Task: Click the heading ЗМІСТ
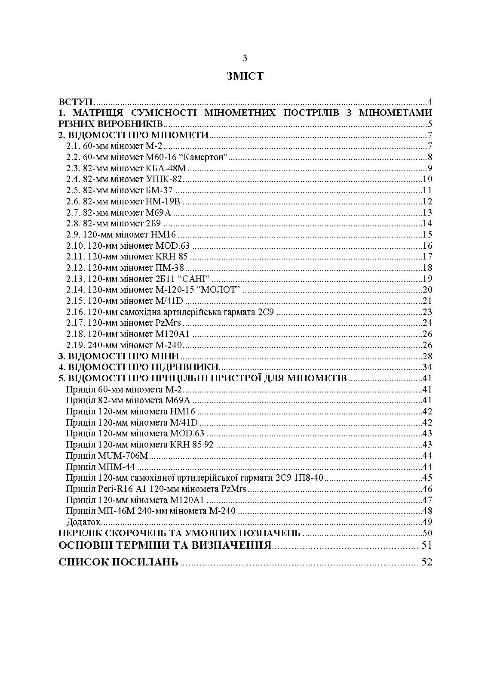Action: click(245, 77)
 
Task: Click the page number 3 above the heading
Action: click(245, 58)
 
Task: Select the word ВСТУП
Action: click(76, 102)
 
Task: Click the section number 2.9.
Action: click(73, 235)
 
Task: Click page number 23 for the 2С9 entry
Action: click(427, 312)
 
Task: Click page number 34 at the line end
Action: click(427, 368)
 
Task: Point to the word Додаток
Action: click(83, 522)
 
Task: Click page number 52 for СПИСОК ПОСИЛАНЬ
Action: click(427, 562)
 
